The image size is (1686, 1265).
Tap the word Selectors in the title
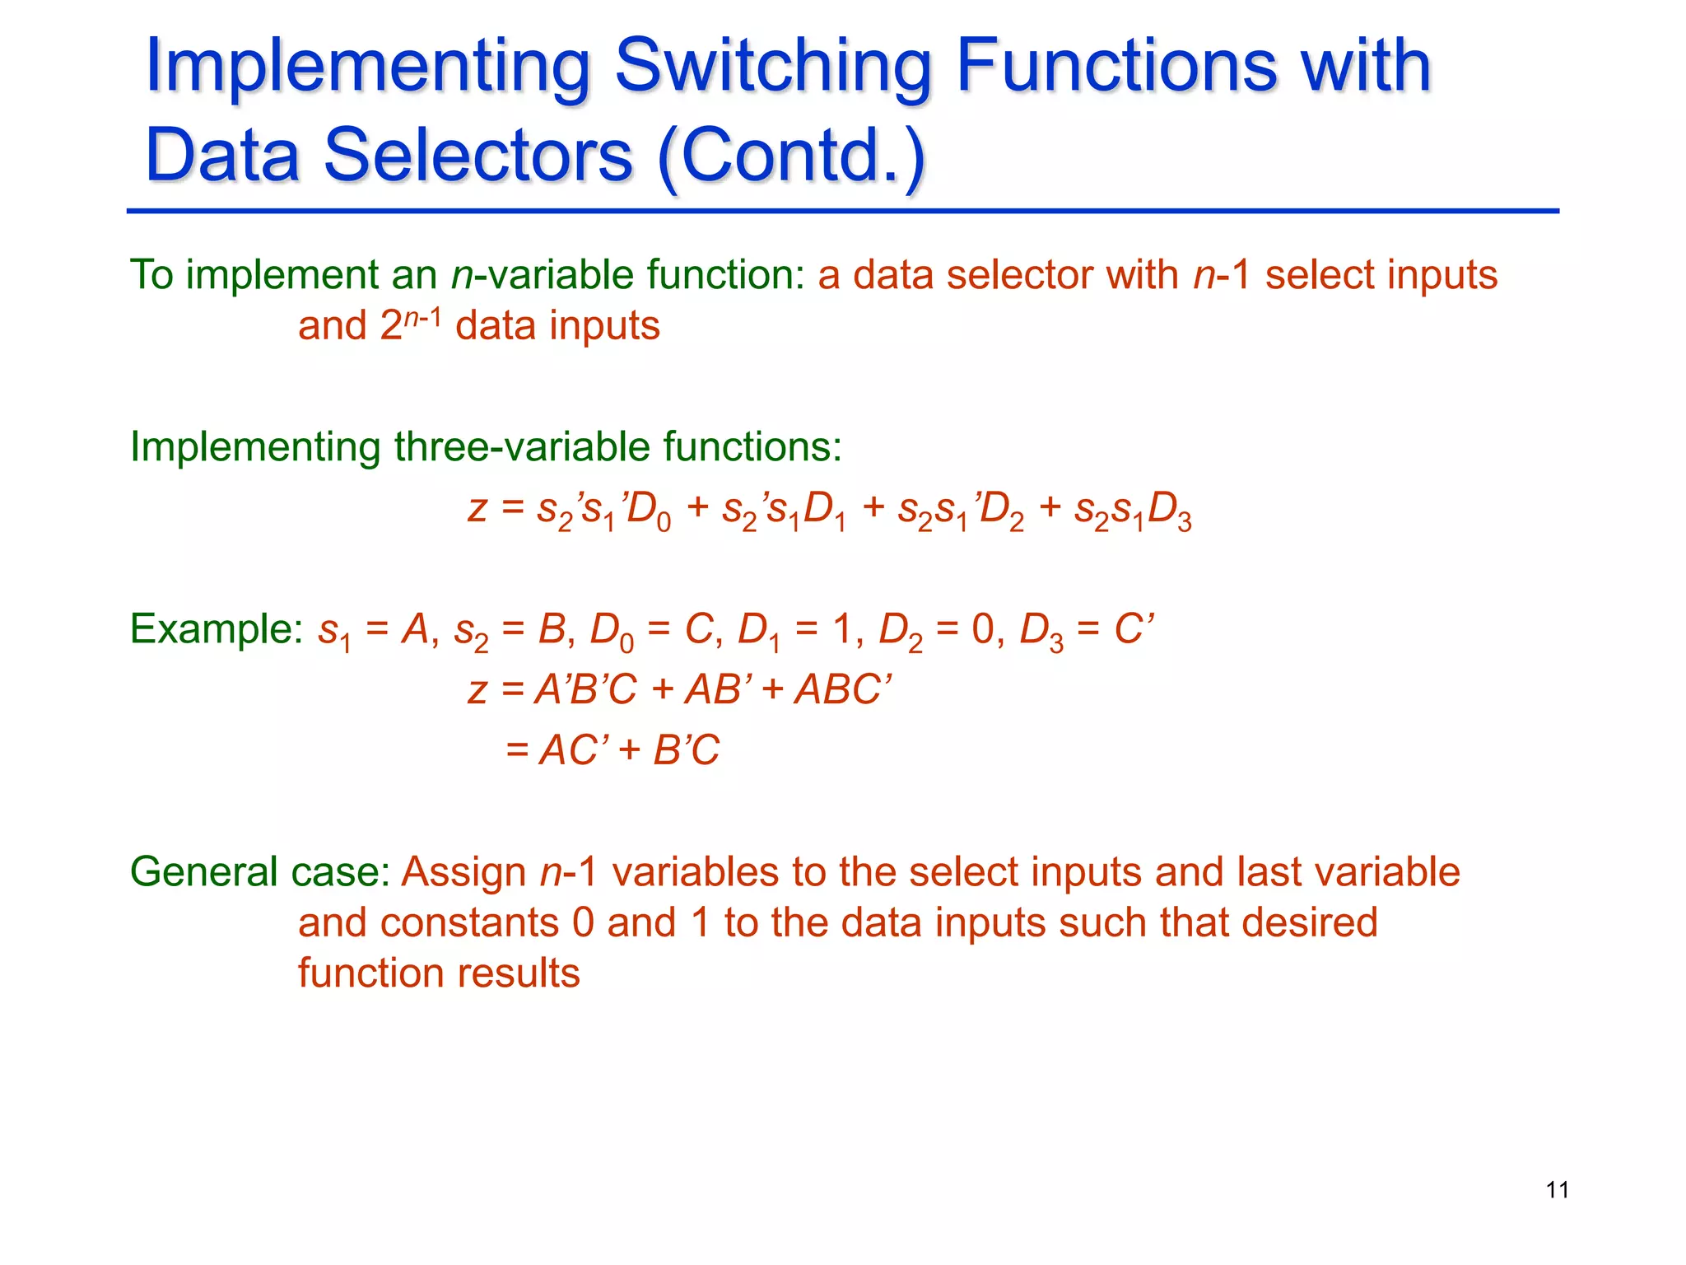[x=477, y=156]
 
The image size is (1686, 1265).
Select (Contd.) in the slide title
[x=792, y=156]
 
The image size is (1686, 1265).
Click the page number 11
[x=1557, y=1190]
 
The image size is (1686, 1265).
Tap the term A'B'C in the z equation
[x=585, y=689]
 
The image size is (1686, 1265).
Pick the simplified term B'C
[x=687, y=750]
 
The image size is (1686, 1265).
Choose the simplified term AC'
[x=574, y=750]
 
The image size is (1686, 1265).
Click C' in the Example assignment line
[x=1134, y=629]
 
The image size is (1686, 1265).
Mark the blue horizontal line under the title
[x=843, y=212]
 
